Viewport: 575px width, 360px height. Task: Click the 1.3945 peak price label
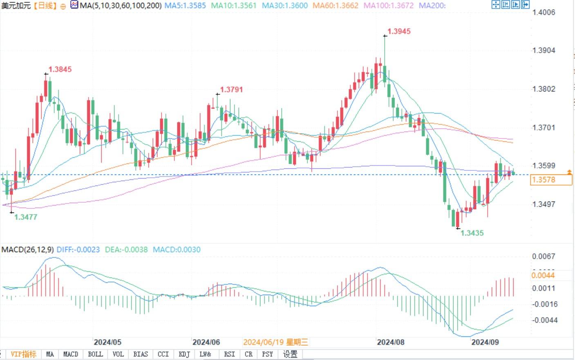399,31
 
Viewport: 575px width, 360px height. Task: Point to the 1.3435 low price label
472,233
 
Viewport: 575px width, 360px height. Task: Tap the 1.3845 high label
60,69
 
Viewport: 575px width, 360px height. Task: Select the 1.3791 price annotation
231,89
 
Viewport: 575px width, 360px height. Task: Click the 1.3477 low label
26,217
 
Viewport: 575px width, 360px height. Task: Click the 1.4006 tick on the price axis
544,12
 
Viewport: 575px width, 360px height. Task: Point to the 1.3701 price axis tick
544,127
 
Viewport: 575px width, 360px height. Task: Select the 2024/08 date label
390,342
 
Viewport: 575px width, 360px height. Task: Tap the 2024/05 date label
107,342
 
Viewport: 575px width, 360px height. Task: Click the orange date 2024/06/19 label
275,342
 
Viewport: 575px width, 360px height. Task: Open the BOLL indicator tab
95,354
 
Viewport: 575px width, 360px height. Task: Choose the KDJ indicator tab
184,354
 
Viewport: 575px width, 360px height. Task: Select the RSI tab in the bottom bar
229,354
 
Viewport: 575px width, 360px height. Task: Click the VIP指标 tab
23,354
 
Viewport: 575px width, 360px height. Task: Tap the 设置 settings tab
290,354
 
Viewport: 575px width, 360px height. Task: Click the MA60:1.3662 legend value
335,6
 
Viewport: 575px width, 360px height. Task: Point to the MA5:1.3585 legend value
185,6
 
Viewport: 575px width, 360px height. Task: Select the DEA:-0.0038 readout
126,250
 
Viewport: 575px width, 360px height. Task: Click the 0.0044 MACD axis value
543,275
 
